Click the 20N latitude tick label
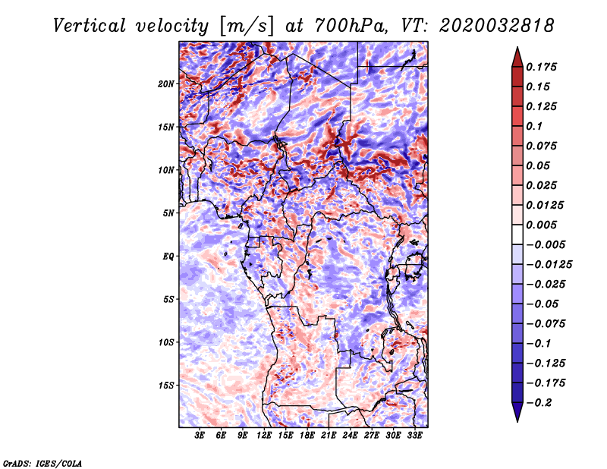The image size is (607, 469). click(x=166, y=84)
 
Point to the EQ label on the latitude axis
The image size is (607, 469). click(x=168, y=257)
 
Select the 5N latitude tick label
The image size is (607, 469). click(x=168, y=213)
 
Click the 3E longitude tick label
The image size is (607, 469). click(x=200, y=436)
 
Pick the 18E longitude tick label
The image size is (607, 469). click(x=307, y=436)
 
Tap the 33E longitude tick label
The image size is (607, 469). click(x=414, y=436)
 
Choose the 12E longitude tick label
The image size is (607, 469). click(x=263, y=436)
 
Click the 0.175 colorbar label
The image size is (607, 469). click(x=541, y=67)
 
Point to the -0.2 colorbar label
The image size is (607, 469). click(x=539, y=403)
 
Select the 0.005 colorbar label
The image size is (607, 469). click(x=541, y=225)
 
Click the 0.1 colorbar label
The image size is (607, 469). click(x=534, y=126)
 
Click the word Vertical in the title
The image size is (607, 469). click(x=90, y=26)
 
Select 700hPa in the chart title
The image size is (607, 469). click(x=351, y=26)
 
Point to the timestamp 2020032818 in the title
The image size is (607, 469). click(x=497, y=26)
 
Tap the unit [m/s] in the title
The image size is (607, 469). click(x=247, y=27)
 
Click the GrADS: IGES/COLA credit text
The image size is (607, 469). click(x=42, y=463)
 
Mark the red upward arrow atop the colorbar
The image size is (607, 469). click(x=517, y=57)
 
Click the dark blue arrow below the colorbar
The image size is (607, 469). click(x=517, y=412)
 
